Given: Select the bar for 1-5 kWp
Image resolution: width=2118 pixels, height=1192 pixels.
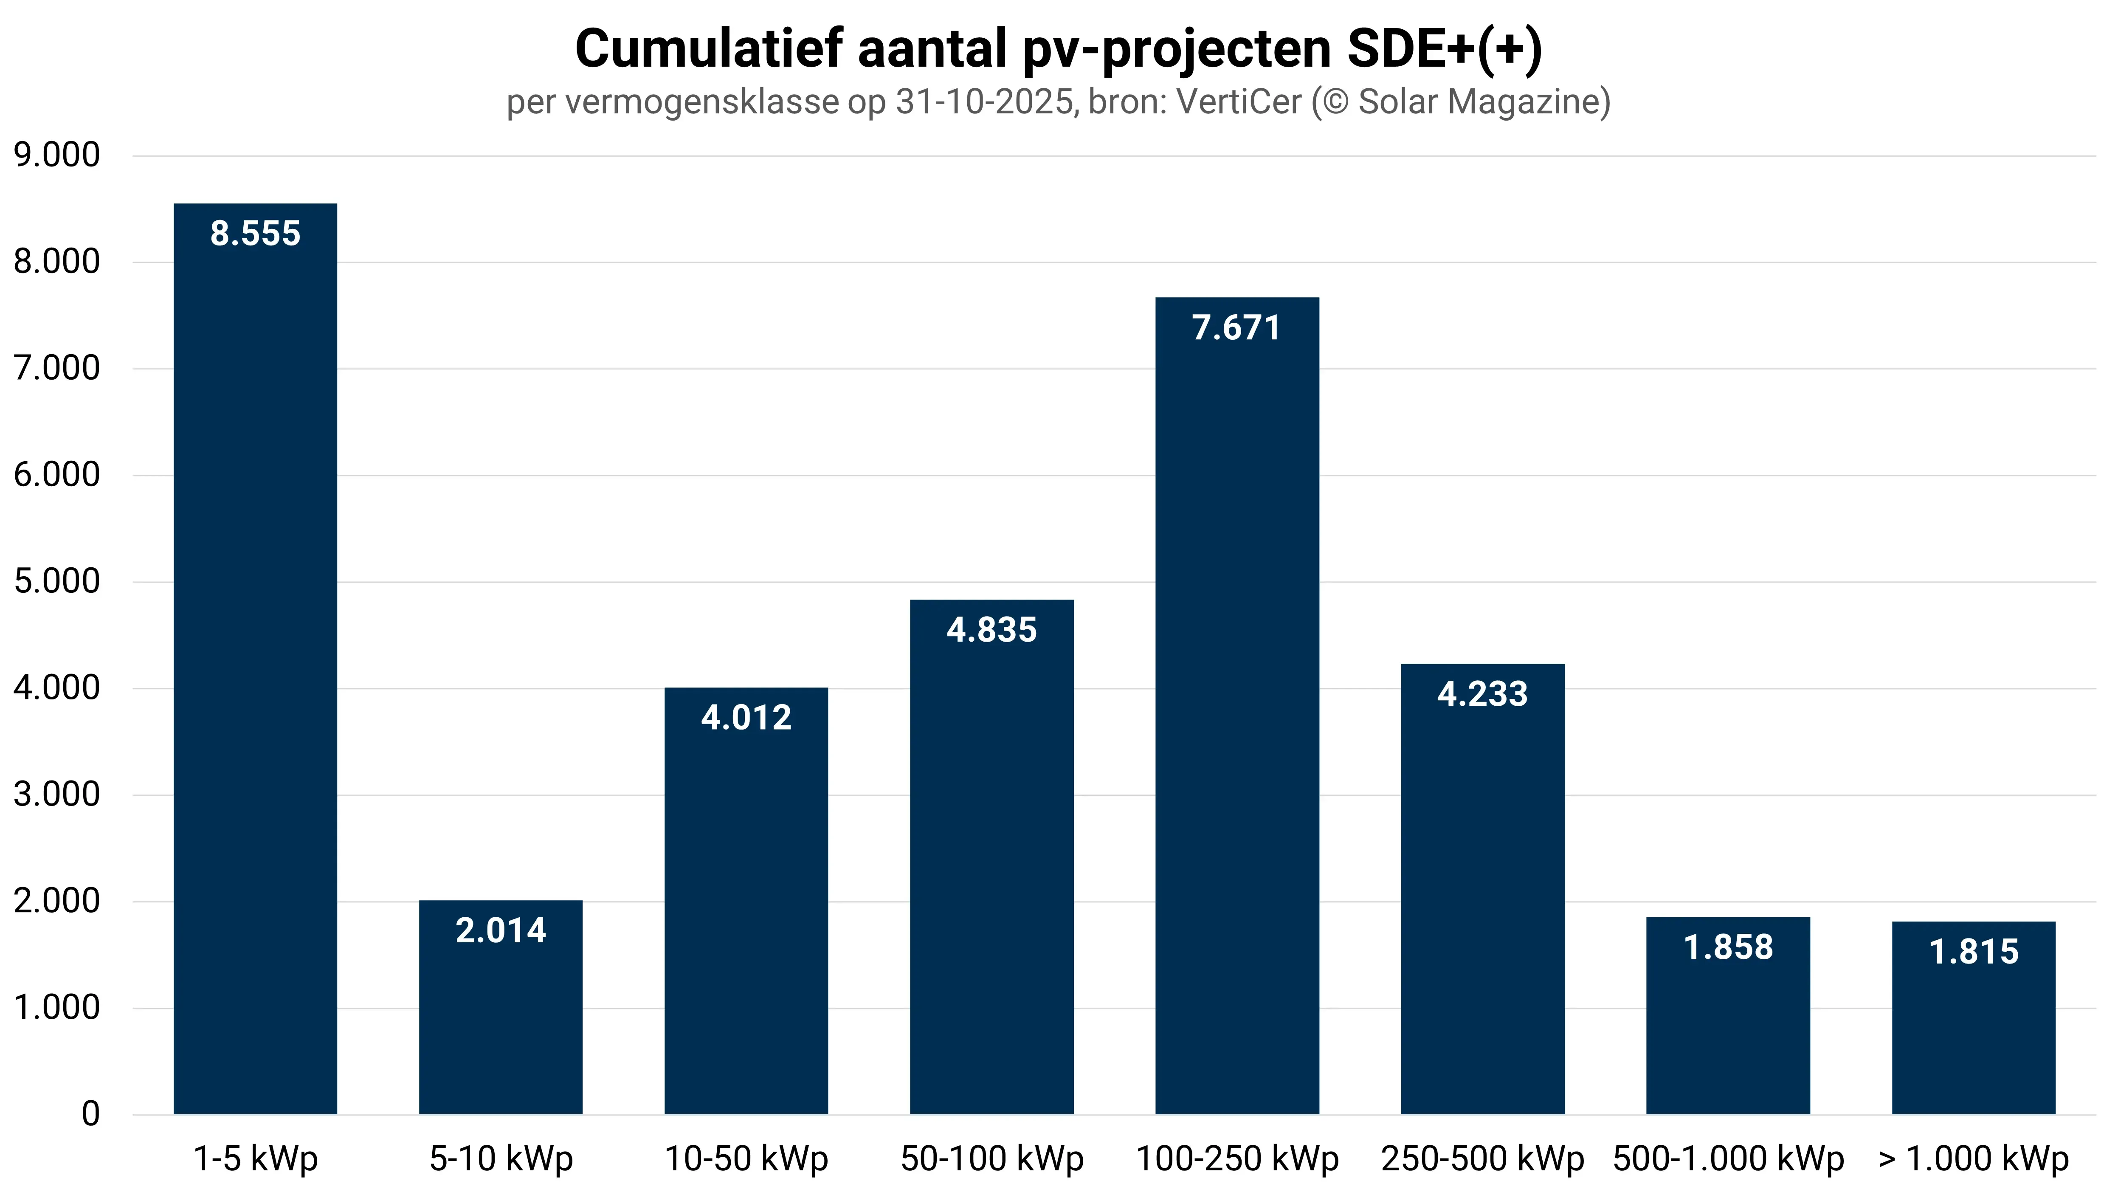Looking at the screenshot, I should [x=255, y=658].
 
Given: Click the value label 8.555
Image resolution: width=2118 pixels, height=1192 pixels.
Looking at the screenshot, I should [x=255, y=234].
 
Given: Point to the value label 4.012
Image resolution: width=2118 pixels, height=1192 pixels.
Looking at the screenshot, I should [x=746, y=718].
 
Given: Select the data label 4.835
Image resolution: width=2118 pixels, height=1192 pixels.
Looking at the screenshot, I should [x=991, y=630].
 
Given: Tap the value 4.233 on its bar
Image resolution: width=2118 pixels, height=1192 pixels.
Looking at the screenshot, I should [x=1482, y=694].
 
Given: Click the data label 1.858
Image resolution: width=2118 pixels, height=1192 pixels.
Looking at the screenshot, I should [x=1728, y=947].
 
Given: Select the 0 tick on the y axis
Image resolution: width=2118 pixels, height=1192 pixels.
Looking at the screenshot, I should [x=90, y=1114].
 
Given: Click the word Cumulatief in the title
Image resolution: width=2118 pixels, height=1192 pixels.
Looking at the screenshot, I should [x=709, y=49].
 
